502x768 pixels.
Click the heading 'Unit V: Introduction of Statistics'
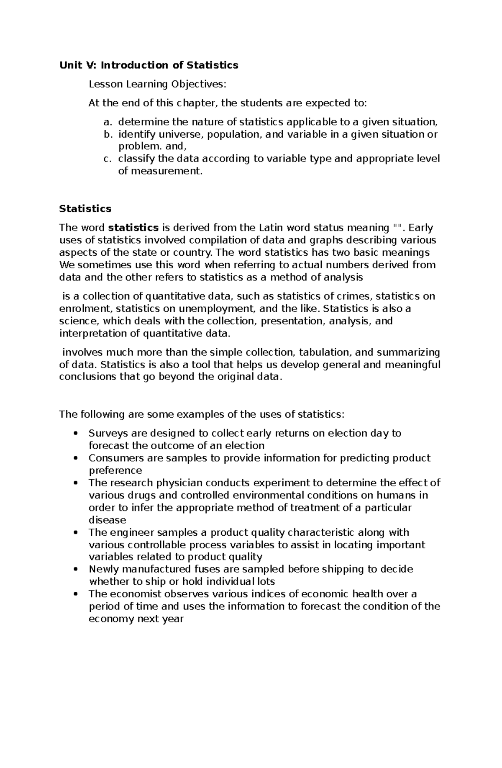[149, 65]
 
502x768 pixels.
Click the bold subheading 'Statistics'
[85, 208]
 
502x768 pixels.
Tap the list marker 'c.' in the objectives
[108, 159]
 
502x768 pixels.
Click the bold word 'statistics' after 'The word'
[133, 228]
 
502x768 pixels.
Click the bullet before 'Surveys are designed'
[75, 434]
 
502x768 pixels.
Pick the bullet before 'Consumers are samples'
[75, 458]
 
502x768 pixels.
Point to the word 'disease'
[107, 520]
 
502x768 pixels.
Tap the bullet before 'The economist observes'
[75, 594]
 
